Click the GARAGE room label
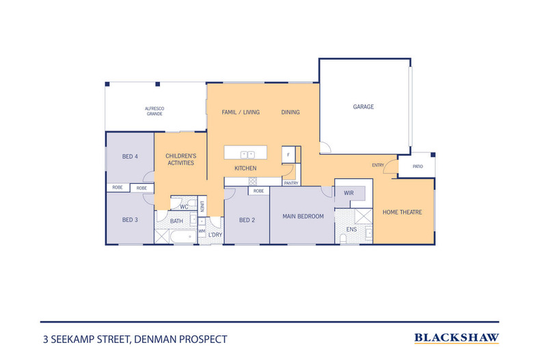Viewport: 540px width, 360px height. [x=363, y=107]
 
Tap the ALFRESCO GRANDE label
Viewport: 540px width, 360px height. [x=154, y=111]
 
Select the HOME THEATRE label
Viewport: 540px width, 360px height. [x=402, y=212]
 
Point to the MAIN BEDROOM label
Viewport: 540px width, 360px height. [x=303, y=217]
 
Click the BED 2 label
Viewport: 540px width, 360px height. [x=247, y=220]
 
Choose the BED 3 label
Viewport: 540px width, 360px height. [x=130, y=220]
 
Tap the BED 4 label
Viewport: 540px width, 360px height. [x=130, y=156]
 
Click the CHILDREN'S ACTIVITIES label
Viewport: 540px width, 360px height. [x=181, y=160]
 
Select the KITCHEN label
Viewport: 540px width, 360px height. [x=245, y=168]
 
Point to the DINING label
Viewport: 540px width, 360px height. [x=291, y=112]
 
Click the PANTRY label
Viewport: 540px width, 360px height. [x=291, y=183]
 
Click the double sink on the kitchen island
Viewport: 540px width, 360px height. [x=247, y=154]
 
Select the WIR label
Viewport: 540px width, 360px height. [x=349, y=193]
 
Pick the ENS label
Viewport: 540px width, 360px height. [x=351, y=230]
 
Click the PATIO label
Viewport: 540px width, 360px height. [x=417, y=166]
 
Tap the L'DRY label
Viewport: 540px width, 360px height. [x=215, y=235]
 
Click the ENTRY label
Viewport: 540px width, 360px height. [x=378, y=165]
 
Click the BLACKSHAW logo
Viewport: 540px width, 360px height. [x=457, y=337]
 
